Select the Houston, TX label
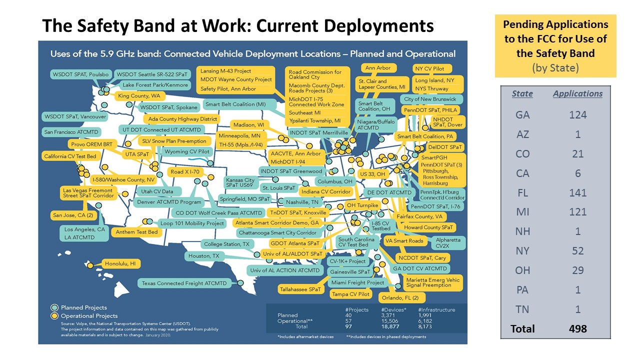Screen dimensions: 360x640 (x=203, y=256)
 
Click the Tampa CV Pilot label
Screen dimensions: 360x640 (x=350, y=294)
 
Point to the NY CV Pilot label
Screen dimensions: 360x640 (x=432, y=68)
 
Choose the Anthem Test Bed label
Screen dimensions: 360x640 (x=136, y=232)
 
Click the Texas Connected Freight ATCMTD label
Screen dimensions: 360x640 (x=184, y=283)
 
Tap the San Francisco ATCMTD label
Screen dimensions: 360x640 (x=71, y=132)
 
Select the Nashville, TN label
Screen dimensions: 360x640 (x=301, y=202)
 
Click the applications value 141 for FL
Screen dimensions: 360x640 (x=577, y=192)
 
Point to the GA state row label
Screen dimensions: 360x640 (x=522, y=115)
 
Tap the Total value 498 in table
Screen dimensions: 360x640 (x=577, y=328)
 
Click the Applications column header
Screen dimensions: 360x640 (x=577, y=93)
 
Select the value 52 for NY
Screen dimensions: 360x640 (x=577, y=251)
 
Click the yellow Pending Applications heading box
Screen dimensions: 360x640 (x=555, y=46)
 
